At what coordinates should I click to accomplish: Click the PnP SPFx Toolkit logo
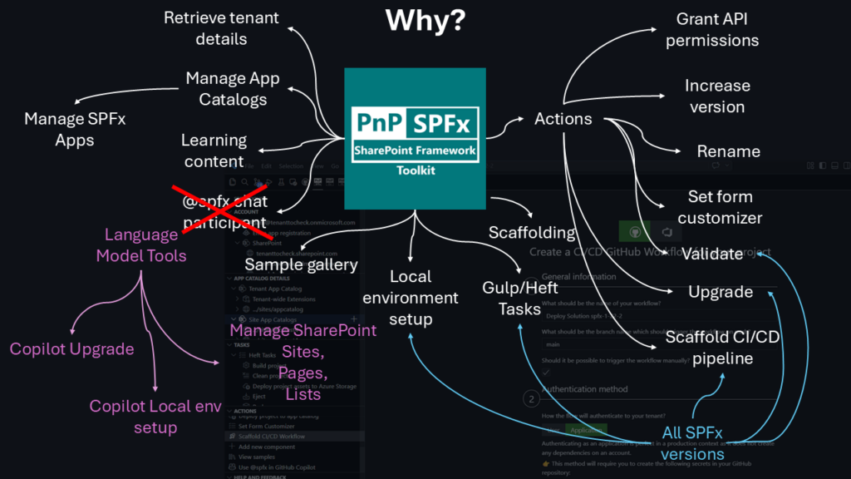coord(415,137)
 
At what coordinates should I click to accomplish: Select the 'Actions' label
coord(563,119)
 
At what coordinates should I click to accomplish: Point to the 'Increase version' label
coord(717,96)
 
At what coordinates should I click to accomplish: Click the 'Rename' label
coord(729,151)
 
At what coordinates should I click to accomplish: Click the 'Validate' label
coord(712,254)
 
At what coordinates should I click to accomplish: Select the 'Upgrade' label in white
coord(721,292)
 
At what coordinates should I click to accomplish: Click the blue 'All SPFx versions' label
coord(692,443)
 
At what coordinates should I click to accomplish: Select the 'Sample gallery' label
coord(301,265)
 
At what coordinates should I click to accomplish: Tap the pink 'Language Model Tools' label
coord(141,245)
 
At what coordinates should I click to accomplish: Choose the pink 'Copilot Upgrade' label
coord(71,348)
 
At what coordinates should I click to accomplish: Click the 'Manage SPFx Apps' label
coord(75,129)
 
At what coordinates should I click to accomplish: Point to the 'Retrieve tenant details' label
coord(221,28)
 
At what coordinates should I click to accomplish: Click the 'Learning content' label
coord(214,151)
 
